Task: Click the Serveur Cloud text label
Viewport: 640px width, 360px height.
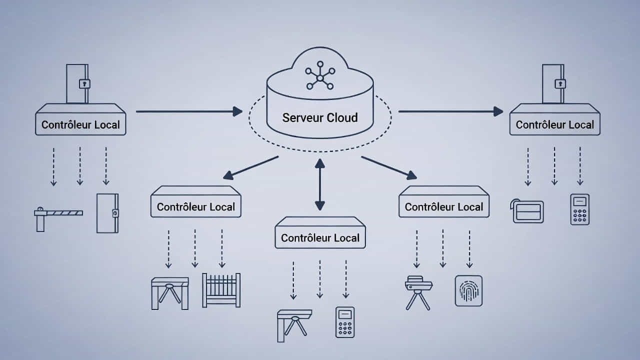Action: (320, 118)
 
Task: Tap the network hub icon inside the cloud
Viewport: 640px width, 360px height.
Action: (320, 77)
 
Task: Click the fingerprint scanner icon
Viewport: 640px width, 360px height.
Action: (468, 290)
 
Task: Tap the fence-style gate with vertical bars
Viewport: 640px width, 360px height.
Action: (221, 290)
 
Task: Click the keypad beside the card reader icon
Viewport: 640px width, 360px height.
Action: (579, 209)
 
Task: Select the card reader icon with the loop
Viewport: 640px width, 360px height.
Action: (527, 210)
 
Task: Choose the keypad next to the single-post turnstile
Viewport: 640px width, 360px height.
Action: (345, 322)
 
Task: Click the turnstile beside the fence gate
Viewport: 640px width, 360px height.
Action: (170, 293)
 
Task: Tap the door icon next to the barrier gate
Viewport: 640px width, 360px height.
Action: (107, 213)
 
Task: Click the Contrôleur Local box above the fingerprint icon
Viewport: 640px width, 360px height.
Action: (444, 201)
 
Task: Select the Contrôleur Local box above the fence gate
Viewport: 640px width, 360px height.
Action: (196, 201)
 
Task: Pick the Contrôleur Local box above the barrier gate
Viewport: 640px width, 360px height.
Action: (80, 119)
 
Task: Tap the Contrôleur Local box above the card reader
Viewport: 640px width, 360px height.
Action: (554, 119)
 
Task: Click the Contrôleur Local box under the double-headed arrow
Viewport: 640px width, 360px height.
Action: (320, 232)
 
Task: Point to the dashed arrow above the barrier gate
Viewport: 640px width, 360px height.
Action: (53, 166)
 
